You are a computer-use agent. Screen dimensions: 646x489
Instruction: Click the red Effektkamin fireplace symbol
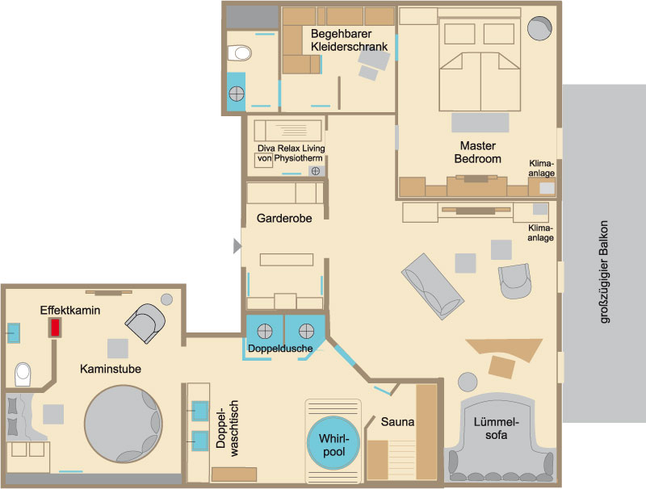pyautogui.click(x=55, y=328)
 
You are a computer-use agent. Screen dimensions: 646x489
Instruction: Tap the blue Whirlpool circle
pyautogui.click(x=333, y=443)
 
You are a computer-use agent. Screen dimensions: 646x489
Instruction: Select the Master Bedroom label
pyautogui.click(x=477, y=153)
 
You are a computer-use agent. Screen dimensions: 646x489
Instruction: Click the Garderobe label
pyautogui.click(x=284, y=218)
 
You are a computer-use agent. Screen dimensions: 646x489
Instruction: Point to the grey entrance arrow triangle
pyautogui.click(x=237, y=246)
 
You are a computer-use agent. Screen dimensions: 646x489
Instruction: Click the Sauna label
pyautogui.click(x=397, y=421)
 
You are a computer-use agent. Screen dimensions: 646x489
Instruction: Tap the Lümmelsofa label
pyautogui.click(x=496, y=428)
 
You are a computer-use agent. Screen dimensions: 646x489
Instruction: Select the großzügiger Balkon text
pyautogui.click(x=603, y=272)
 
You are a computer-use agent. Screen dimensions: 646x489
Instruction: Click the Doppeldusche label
pyautogui.click(x=280, y=349)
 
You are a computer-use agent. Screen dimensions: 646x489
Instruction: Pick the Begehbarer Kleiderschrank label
pyautogui.click(x=349, y=40)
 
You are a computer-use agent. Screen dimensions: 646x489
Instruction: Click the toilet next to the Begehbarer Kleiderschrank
pyautogui.click(x=239, y=53)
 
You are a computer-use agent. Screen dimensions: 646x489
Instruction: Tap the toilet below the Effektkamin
pyautogui.click(x=23, y=374)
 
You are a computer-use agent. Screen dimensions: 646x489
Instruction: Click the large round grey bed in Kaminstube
pyautogui.click(x=124, y=424)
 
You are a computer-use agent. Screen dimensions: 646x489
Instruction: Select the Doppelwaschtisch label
pyautogui.click(x=227, y=428)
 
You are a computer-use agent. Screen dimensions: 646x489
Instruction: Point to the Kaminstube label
pyautogui.click(x=111, y=369)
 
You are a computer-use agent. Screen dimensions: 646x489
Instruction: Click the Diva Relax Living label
pyautogui.click(x=291, y=148)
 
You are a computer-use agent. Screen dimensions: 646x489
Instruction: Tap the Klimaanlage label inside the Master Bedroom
pyautogui.click(x=541, y=169)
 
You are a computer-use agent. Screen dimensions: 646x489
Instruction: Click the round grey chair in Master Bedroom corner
pyautogui.click(x=539, y=28)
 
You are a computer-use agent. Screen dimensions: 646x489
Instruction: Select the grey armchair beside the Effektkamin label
pyautogui.click(x=145, y=323)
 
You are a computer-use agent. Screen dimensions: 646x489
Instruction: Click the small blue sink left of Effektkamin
pyautogui.click(x=13, y=333)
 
